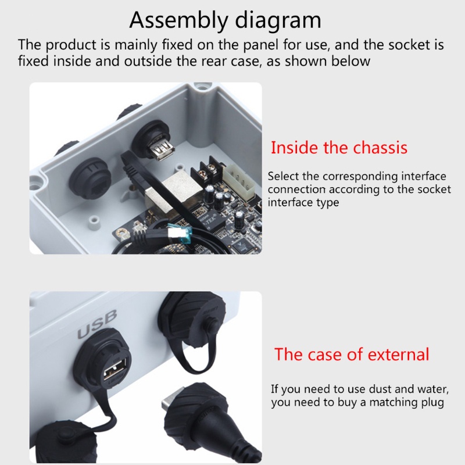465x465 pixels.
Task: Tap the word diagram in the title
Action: point(278,20)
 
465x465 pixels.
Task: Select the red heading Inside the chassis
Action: point(339,148)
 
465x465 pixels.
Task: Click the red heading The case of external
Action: point(352,354)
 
